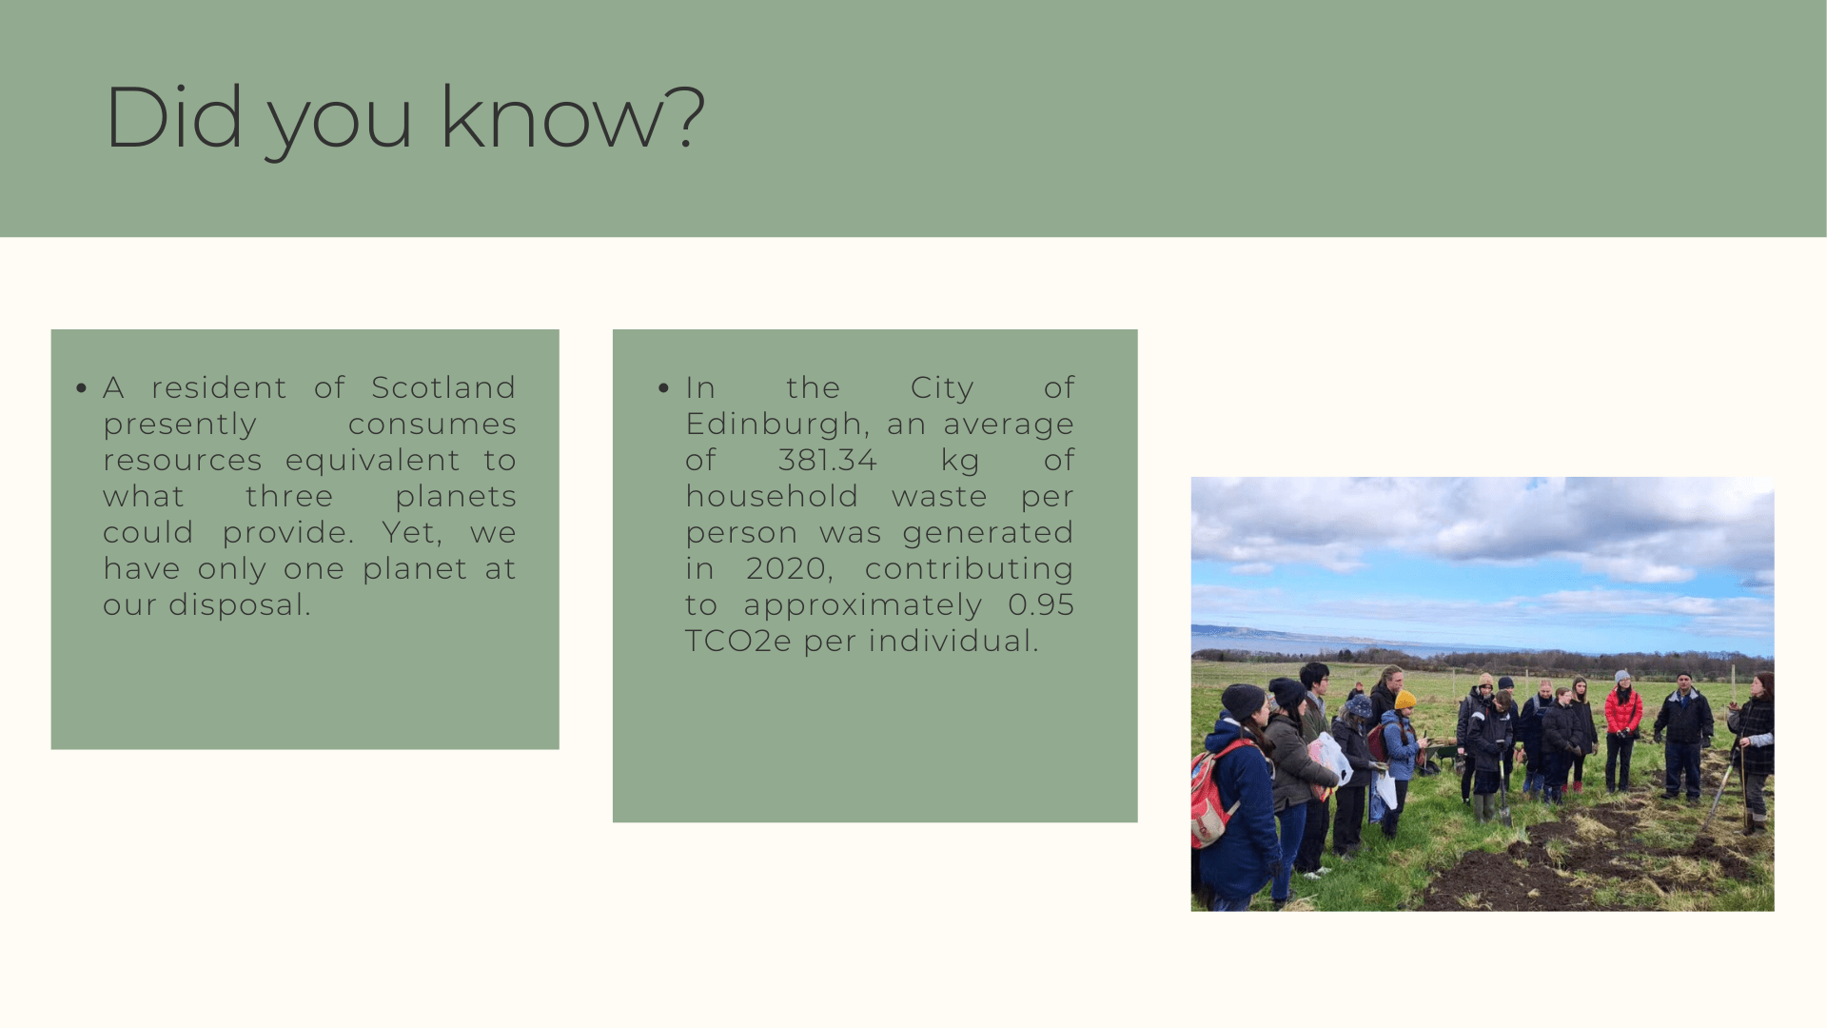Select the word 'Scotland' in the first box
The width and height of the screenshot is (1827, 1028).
click(x=443, y=387)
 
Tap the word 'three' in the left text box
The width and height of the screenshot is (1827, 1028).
click(x=289, y=496)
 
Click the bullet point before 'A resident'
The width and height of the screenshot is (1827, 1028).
click(x=82, y=387)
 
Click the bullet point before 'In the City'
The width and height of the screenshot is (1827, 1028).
click(x=663, y=387)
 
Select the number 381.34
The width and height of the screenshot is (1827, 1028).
click(x=828, y=460)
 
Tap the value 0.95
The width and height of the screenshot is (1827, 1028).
click(x=1041, y=604)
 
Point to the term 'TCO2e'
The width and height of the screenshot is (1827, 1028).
click(x=738, y=641)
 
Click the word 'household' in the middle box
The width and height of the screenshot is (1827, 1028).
click(x=772, y=496)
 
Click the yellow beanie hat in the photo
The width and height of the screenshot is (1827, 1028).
click(x=1405, y=700)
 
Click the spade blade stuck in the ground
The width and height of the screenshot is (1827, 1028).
click(x=1505, y=816)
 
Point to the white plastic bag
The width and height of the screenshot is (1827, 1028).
click(x=1332, y=758)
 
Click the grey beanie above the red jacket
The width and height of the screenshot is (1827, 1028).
click(x=1622, y=677)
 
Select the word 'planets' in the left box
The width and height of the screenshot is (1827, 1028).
click(x=456, y=497)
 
